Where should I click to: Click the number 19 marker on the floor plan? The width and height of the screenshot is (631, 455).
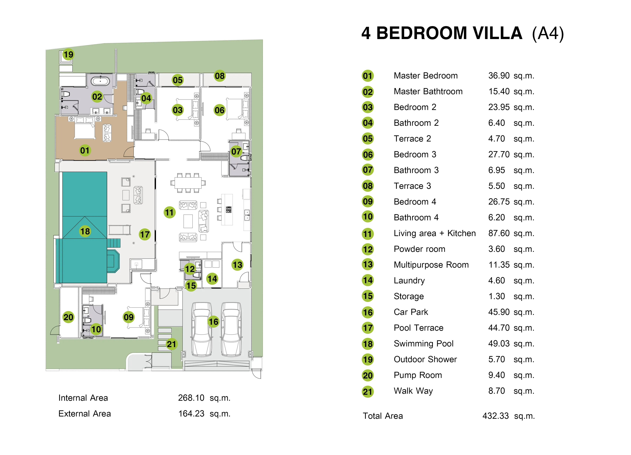[x=68, y=54]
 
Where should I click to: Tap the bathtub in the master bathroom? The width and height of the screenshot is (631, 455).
[x=100, y=81]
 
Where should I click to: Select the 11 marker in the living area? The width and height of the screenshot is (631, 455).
[x=169, y=212]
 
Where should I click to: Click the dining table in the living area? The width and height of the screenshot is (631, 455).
[x=188, y=183]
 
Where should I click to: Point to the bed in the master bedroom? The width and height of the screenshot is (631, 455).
[x=85, y=128]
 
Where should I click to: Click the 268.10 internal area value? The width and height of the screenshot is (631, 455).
[x=191, y=398]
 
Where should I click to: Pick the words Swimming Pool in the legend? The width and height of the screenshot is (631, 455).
[x=423, y=344]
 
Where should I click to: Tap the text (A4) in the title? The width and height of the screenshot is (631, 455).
[x=548, y=34]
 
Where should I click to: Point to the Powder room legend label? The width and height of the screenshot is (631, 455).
[x=419, y=249]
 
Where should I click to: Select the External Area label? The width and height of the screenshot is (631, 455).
[x=85, y=413]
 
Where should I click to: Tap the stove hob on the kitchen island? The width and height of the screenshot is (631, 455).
[x=229, y=210]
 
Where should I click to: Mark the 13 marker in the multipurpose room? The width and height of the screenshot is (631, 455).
[x=237, y=264]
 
